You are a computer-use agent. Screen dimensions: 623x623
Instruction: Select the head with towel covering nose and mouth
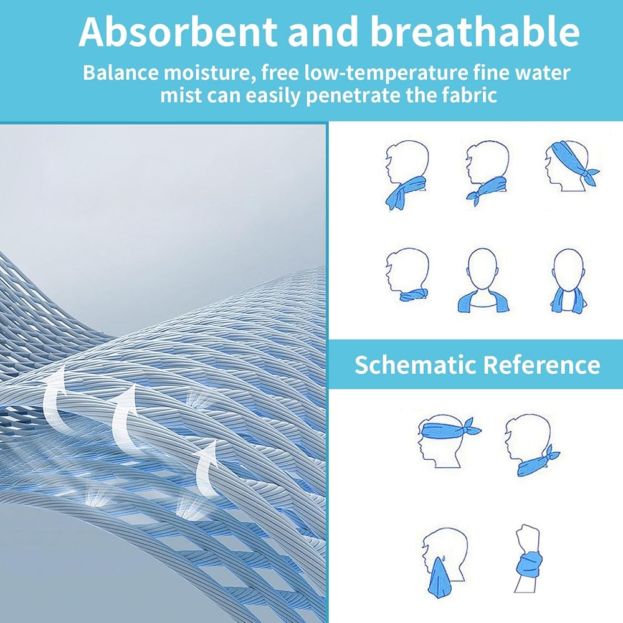444,560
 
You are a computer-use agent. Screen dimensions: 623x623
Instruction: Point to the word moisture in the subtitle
210,74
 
